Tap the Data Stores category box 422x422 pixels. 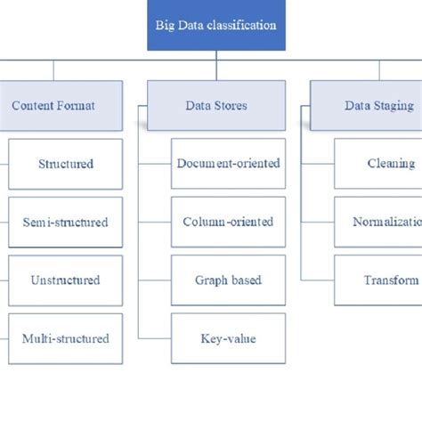(x=216, y=105)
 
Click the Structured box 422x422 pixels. (x=65, y=164)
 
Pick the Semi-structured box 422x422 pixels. (x=65, y=222)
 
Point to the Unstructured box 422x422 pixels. (x=65, y=280)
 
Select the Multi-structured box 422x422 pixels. (x=65, y=338)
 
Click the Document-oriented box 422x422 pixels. (x=228, y=164)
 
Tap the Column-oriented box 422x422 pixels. (x=228, y=222)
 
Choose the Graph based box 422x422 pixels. (x=228, y=280)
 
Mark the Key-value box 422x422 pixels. (x=228, y=338)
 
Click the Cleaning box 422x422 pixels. (x=378, y=164)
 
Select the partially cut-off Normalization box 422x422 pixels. (x=378, y=222)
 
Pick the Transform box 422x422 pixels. (x=378, y=280)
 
